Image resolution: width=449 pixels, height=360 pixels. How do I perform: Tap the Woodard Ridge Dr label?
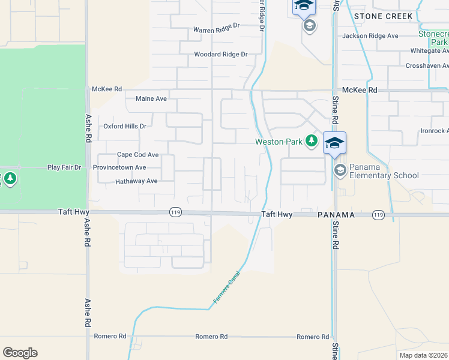point(220,55)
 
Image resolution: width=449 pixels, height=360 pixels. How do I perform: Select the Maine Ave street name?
point(151,98)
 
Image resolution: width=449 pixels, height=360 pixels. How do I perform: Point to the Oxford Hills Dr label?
point(125,127)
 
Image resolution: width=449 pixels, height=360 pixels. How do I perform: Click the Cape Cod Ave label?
point(137,154)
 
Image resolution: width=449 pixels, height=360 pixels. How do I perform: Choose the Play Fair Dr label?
point(64,167)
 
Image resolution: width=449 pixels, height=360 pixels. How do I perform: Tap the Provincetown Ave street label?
point(119,167)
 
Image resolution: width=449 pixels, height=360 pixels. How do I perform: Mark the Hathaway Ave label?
point(136,181)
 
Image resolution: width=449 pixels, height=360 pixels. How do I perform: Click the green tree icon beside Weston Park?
point(311,141)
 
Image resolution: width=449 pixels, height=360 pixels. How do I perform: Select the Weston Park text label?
point(278,142)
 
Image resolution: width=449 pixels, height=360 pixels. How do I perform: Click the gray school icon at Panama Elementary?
point(340,170)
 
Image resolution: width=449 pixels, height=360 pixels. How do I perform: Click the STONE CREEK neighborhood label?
point(383,16)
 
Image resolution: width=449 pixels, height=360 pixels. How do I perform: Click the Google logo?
point(20,353)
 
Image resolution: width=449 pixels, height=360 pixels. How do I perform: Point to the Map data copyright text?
point(424,355)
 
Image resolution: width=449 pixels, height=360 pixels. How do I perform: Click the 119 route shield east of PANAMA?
point(378,214)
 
